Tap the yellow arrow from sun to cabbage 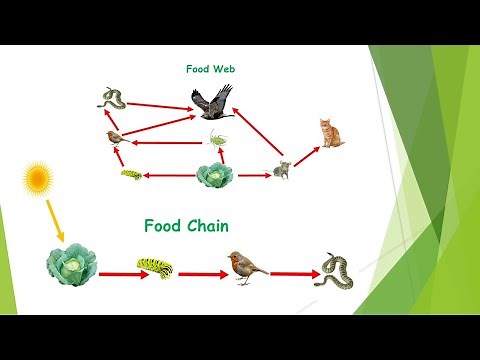[53, 219]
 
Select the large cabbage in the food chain [72, 264]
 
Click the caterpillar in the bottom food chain [155, 268]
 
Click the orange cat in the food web [330, 132]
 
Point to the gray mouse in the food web [282, 170]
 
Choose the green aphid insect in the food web [219, 138]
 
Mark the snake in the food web [110, 98]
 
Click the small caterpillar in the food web [130, 175]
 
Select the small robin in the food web [115, 136]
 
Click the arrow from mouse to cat [305, 153]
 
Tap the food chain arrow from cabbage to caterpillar [117, 270]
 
